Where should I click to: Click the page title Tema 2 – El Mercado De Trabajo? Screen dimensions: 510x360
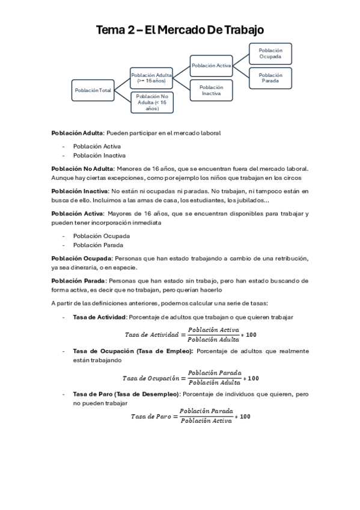tap(180, 30)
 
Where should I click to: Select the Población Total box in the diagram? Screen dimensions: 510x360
tap(93, 90)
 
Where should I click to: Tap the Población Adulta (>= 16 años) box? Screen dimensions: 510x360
tap(151, 77)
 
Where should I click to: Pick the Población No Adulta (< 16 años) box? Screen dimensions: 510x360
tap(151, 102)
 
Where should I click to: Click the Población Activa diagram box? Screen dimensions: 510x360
tap(211, 65)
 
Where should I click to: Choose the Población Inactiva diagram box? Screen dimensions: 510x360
tap(211, 90)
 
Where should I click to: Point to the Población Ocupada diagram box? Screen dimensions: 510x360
tap(270, 53)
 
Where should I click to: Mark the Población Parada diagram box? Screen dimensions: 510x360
tap(270, 78)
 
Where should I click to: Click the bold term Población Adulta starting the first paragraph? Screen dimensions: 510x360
tap(78, 132)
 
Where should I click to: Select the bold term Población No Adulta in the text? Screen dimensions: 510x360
tap(82, 169)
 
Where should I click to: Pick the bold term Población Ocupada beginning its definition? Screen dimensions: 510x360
tap(78, 258)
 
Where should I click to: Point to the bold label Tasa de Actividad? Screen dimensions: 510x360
tap(99, 317)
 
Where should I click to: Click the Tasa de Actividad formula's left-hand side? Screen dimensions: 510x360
tap(151, 334)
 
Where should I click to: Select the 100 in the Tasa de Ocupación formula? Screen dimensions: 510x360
tap(253, 378)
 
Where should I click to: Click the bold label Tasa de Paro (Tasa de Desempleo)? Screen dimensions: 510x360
tap(126, 394)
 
